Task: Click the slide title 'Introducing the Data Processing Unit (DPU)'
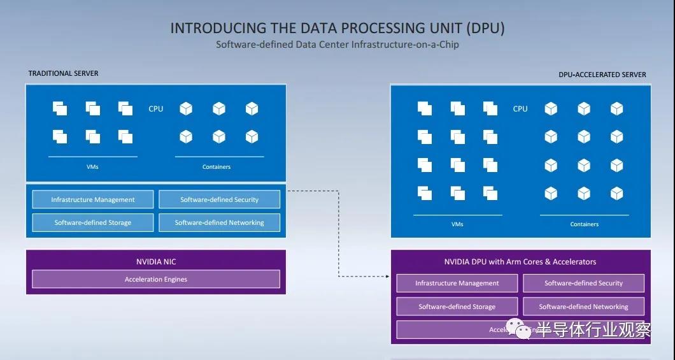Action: (337, 28)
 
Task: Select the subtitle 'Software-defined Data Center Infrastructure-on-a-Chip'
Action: (337, 45)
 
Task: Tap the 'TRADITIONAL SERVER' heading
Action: (64, 73)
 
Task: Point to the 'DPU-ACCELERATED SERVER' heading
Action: (602, 75)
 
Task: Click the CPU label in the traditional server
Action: (156, 109)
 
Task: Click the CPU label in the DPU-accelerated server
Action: (520, 109)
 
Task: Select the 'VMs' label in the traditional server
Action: (93, 167)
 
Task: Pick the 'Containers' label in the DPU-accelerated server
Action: (585, 224)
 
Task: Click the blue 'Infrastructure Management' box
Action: (93, 199)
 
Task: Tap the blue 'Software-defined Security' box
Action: (220, 199)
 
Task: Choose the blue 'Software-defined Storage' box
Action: (93, 222)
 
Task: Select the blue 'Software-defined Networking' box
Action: (220, 222)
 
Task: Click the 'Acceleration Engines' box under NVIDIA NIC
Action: (156, 279)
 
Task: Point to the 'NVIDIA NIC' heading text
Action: (156, 261)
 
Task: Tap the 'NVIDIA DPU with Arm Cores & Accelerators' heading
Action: (520, 262)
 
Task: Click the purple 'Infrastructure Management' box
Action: (457, 283)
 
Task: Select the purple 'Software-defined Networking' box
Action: (583, 306)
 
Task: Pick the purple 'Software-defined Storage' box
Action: (457, 306)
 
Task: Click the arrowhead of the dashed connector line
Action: (387, 277)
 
